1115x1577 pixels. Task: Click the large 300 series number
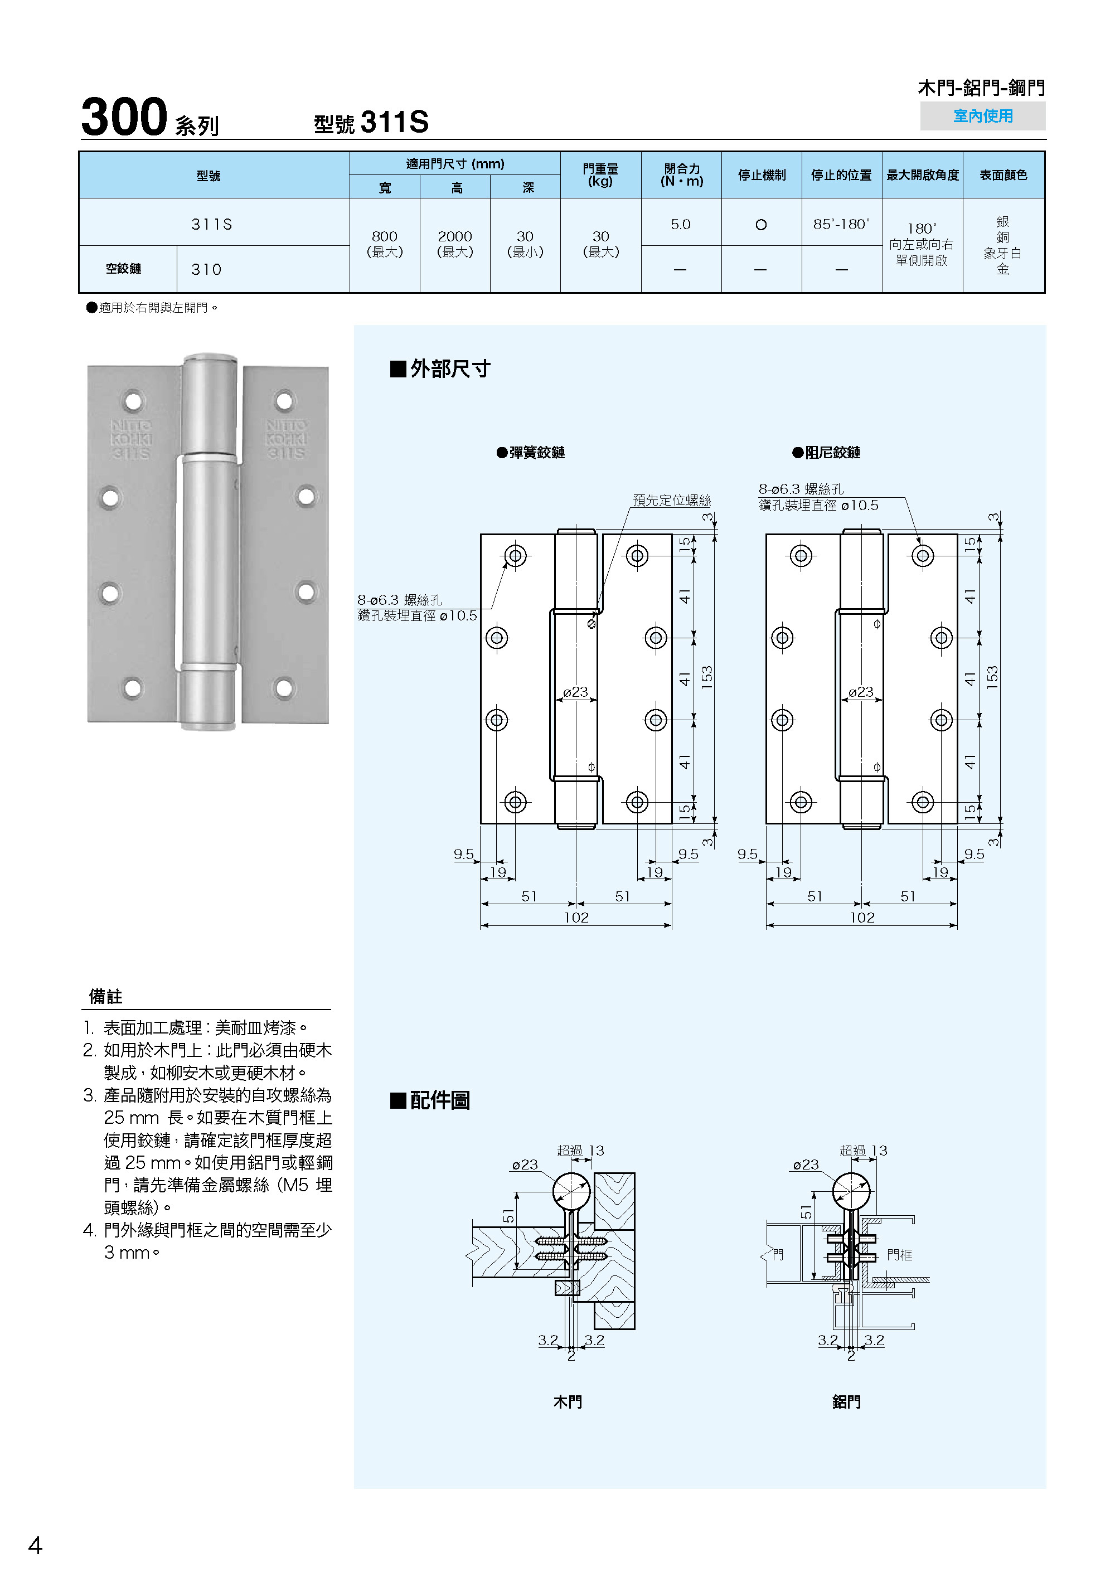[124, 117]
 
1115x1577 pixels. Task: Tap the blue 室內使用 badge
[982, 116]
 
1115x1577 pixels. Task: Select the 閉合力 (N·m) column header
[681, 175]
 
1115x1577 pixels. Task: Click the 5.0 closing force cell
[680, 224]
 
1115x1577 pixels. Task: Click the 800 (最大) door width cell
[385, 244]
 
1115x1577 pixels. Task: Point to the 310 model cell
[206, 269]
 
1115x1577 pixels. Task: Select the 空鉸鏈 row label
[124, 269]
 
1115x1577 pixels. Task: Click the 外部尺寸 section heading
[449, 369]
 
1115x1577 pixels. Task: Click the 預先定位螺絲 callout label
[671, 500]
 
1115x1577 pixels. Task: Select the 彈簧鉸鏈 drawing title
[536, 452]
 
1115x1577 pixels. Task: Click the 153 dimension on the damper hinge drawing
[992, 678]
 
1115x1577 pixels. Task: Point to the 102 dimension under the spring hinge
[576, 918]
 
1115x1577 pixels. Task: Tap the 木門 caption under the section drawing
[568, 1401]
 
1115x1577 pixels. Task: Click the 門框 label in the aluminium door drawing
[899, 1255]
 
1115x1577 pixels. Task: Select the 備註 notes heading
[106, 996]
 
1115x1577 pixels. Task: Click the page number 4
[35, 1545]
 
